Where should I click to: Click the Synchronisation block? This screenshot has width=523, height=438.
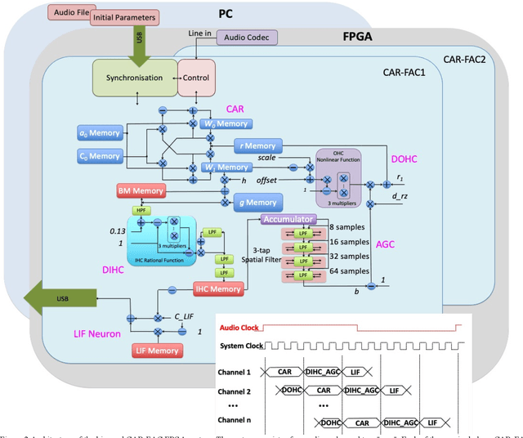(130, 78)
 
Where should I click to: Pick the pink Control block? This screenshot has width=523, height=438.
(196, 78)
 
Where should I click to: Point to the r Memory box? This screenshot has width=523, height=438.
(256, 145)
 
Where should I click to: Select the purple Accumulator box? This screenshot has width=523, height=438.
(288, 220)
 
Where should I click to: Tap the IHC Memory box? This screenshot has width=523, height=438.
(217, 288)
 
